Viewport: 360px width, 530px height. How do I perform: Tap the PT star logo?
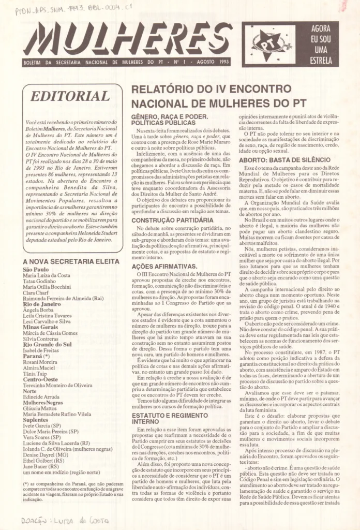tap(269, 44)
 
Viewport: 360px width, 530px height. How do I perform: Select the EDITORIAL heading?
tap(70, 97)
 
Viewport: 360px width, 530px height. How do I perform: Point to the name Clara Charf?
tap(36, 292)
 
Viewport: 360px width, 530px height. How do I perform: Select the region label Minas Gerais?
tap(40, 328)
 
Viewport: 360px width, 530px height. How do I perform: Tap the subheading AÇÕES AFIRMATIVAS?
tap(164, 266)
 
